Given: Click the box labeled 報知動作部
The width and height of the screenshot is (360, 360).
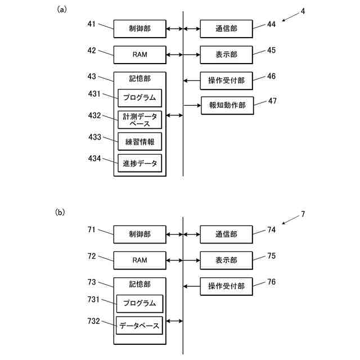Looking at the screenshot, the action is click(227, 105).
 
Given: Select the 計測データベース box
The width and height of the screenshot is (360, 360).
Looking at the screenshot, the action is click(140, 120).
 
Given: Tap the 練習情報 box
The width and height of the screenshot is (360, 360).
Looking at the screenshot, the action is click(140, 141).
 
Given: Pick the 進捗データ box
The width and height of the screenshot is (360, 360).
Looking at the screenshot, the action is click(140, 163).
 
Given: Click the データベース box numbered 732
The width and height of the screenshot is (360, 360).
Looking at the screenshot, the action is click(139, 325).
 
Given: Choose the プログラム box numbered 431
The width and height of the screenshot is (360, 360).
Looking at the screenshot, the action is click(140, 98).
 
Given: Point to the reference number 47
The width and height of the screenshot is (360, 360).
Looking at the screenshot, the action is click(272, 101).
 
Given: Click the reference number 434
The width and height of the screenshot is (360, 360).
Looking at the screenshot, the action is click(94, 159).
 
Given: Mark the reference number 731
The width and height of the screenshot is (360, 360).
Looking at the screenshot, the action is click(93, 299).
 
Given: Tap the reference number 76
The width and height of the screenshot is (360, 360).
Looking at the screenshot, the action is click(271, 282).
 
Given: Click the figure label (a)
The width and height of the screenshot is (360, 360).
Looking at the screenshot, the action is click(62, 10).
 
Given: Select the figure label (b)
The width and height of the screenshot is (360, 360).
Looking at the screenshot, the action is click(60, 213).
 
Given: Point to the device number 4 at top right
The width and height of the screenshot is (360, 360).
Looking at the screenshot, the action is click(303, 11).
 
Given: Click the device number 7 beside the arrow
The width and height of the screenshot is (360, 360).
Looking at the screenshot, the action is click(303, 214).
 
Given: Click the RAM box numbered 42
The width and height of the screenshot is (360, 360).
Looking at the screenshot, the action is click(140, 55).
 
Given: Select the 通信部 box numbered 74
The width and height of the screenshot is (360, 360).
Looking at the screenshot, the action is click(226, 235).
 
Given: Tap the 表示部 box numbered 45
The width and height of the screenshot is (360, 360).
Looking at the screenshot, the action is click(226, 55).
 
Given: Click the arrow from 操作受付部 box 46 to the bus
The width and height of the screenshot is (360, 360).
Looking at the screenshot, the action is click(192, 80).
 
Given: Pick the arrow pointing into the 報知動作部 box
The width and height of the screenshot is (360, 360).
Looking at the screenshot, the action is click(192, 105).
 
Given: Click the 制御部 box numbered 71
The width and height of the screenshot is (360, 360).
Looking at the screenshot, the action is click(140, 235).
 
